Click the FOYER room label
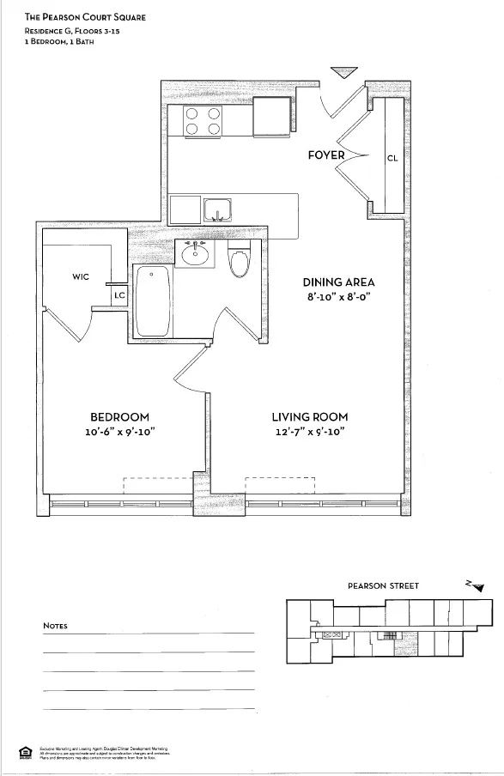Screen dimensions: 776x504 326,155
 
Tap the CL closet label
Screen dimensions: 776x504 392,158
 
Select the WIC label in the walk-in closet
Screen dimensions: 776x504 82,276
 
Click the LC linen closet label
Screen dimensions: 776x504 118,294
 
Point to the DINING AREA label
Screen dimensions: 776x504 338,282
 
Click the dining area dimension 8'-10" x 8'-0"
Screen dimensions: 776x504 338,297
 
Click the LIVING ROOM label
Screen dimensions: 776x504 310,417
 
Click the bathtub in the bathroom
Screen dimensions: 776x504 154,301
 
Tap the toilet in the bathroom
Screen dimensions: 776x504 240,260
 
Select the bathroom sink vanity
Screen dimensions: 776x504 197,254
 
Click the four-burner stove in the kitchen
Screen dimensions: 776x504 203,121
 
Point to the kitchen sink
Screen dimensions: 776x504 219,209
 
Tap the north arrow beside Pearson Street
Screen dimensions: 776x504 475,585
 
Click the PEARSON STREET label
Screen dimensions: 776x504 383,586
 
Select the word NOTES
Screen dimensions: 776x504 55,626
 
